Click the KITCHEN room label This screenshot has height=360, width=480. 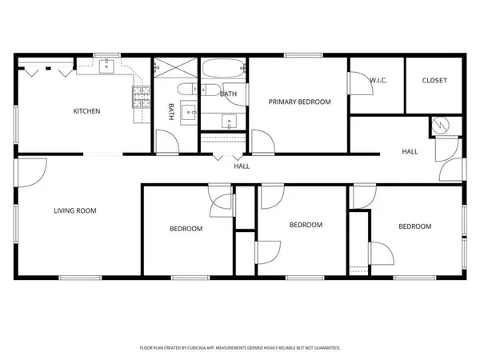pyautogui.click(x=86, y=111)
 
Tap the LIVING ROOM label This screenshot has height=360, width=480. pyautogui.click(x=74, y=211)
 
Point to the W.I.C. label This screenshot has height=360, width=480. pyautogui.click(x=378, y=80)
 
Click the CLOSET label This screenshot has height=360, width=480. pyautogui.click(x=434, y=80)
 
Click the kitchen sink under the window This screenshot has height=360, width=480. pyautogui.click(x=106, y=67)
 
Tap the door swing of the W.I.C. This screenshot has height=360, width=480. pyautogui.click(x=355, y=83)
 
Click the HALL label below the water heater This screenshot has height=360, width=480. pyautogui.click(x=410, y=151)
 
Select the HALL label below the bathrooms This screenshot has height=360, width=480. pyautogui.click(x=241, y=167)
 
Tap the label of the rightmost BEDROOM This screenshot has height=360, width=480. pyautogui.click(x=414, y=226)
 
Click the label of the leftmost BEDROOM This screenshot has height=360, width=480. pyautogui.click(x=186, y=229)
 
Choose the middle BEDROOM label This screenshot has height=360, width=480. pyautogui.click(x=306, y=225)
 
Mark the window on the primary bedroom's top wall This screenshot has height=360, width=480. pyautogui.click(x=298, y=55)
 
